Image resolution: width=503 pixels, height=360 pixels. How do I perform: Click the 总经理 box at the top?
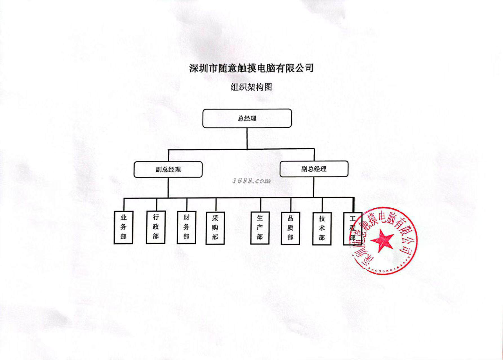click(x=247, y=118)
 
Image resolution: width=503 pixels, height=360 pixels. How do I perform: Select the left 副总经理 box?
click(x=168, y=169)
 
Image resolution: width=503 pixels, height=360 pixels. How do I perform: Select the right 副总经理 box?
click(x=314, y=169)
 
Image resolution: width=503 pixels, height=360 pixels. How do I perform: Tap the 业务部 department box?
click(x=123, y=227)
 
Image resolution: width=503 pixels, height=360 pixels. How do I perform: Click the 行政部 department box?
click(x=155, y=227)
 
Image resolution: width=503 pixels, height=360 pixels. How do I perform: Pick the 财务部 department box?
click(x=186, y=227)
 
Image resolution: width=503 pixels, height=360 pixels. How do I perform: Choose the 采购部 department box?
click(x=215, y=228)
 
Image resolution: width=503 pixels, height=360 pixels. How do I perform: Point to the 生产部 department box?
click(x=260, y=228)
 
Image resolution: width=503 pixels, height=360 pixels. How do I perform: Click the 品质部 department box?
click(x=290, y=228)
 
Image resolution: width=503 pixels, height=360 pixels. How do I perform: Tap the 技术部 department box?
click(x=322, y=228)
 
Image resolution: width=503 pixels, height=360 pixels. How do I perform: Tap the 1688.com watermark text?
click(x=251, y=181)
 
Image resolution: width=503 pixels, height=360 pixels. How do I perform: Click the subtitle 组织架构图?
click(x=251, y=87)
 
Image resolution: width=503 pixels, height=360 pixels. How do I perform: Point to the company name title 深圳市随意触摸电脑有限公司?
click(x=251, y=68)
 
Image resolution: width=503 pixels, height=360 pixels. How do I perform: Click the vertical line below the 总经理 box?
click(x=247, y=138)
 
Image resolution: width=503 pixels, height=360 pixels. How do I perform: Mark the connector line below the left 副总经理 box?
click(x=168, y=187)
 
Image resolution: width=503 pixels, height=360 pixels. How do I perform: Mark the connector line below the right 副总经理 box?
click(x=314, y=187)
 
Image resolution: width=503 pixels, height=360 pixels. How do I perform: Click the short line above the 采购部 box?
click(x=216, y=205)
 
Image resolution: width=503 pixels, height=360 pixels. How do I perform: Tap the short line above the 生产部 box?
click(x=261, y=205)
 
